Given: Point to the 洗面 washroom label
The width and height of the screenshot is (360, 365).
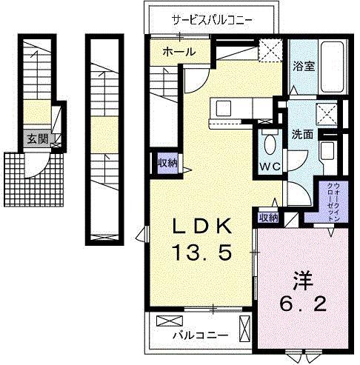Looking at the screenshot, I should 301,135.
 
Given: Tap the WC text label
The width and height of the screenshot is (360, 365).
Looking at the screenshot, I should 268,167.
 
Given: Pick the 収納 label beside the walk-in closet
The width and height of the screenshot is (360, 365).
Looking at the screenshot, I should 267,217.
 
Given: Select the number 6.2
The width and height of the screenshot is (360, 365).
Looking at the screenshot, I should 300,306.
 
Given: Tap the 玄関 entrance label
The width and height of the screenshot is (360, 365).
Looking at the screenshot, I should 37,139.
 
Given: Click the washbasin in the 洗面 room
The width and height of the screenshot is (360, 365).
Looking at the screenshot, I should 327,152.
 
